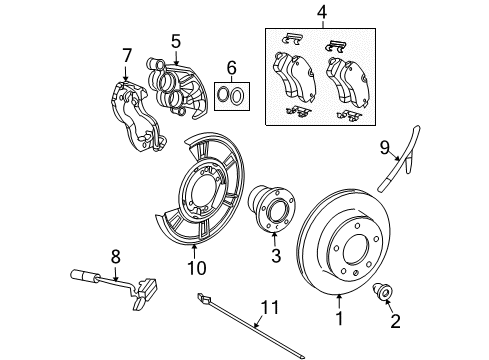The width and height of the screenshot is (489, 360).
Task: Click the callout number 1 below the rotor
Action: [x=339, y=321]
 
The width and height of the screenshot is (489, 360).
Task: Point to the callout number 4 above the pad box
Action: [x=321, y=13]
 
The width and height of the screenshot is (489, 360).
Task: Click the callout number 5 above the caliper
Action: [x=175, y=42]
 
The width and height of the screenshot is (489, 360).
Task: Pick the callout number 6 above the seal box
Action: [x=231, y=68]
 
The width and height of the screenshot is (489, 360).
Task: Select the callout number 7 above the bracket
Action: [x=127, y=54]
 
